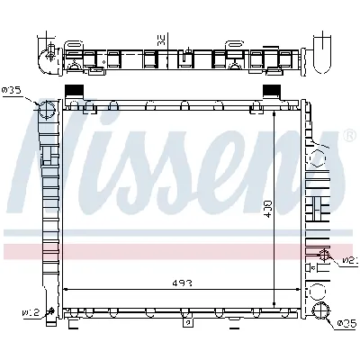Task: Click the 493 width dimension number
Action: coord(181,283)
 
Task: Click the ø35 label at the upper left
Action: coord(13,90)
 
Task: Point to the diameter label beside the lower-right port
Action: coord(346,324)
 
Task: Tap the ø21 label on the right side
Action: coord(347,261)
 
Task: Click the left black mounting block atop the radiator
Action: coord(76,91)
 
